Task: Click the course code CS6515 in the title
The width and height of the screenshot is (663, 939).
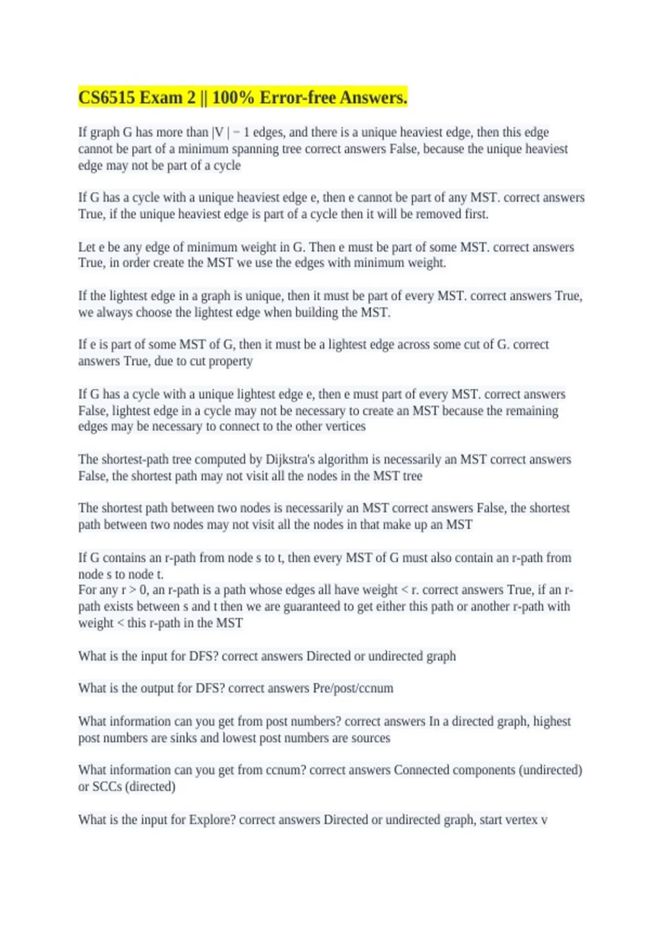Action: pyautogui.click(x=107, y=98)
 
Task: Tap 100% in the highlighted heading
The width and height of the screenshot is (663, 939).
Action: pyautogui.click(x=233, y=98)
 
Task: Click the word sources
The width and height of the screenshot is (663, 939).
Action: pyautogui.click(x=370, y=738)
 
